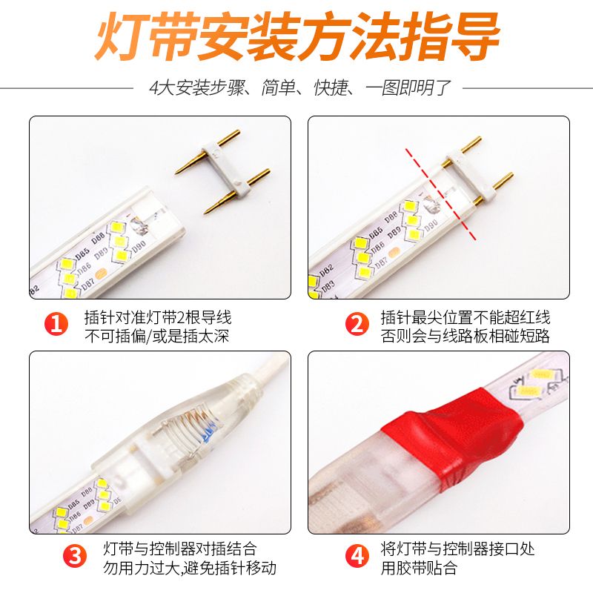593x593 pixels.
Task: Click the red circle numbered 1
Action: (56, 324)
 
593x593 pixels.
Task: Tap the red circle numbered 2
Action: (357, 324)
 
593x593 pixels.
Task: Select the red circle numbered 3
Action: (75, 556)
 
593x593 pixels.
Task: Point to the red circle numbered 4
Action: (357, 556)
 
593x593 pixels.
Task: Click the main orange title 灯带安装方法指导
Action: (297, 36)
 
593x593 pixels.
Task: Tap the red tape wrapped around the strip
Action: (452, 431)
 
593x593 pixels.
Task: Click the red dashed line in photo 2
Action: (440, 194)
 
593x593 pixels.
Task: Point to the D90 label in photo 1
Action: (139, 246)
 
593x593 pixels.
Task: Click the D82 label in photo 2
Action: (326, 271)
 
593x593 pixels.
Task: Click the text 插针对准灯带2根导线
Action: (158, 317)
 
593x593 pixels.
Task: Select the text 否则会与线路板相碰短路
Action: (465, 336)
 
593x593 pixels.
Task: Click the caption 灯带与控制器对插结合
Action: (180, 549)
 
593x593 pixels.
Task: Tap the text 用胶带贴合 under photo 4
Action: (419, 568)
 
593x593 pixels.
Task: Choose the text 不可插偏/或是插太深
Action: (156, 336)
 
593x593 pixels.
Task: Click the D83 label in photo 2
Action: (328, 287)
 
